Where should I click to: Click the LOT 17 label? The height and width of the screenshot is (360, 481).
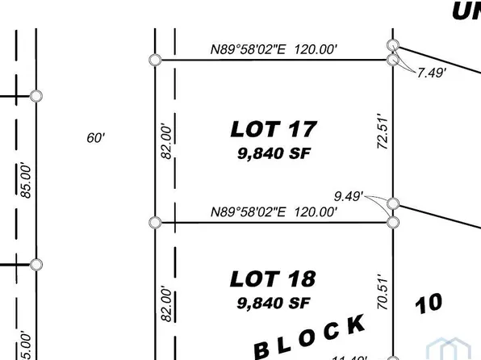pyautogui.click(x=274, y=128)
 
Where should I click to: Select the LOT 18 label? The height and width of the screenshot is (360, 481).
pyautogui.click(x=274, y=279)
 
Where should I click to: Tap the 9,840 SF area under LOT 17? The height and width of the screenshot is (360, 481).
pyautogui.click(x=274, y=153)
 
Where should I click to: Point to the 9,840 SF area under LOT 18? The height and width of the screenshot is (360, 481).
pyautogui.click(x=274, y=303)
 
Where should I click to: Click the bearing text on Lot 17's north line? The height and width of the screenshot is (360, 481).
pyautogui.click(x=274, y=49)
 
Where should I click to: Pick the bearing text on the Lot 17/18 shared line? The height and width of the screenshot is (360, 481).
pyautogui.click(x=273, y=212)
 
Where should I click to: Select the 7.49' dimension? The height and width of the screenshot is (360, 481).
pyautogui.click(x=431, y=73)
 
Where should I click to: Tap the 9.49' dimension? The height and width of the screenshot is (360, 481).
pyautogui.click(x=349, y=195)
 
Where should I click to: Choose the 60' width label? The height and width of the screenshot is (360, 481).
pyautogui.click(x=96, y=138)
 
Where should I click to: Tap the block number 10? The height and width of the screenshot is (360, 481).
pyautogui.click(x=429, y=303)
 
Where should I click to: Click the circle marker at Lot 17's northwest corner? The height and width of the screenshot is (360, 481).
pyautogui.click(x=155, y=60)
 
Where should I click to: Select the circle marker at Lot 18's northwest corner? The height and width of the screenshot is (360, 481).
pyautogui.click(x=156, y=222)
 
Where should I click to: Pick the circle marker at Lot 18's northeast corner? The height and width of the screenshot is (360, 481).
pyautogui.click(x=393, y=222)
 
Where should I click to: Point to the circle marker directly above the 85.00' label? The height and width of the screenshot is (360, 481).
pyautogui.click(x=36, y=96)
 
